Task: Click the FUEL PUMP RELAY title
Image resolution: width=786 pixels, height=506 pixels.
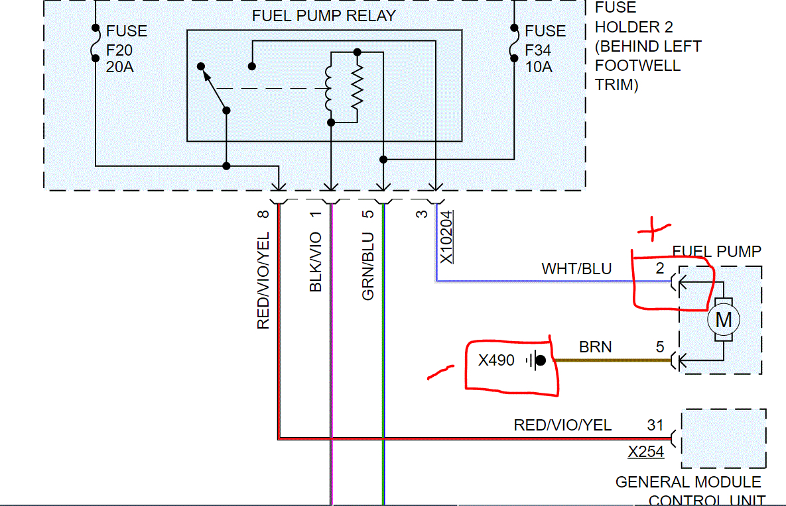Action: pyautogui.click(x=324, y=16)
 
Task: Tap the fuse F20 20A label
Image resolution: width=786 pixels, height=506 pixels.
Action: pyautogui.click(x=127, y=49)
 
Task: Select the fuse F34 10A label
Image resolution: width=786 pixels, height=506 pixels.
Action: pyautogui.click(x=545, y=49)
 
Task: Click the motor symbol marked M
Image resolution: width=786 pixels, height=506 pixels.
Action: pyautogui.click(x=723, y=321)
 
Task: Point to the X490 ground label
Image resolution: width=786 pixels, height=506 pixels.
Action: pyautogui.click(x=496, y=361)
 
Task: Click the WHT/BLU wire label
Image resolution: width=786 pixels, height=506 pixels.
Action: pyautogui.click(x=576, y=269)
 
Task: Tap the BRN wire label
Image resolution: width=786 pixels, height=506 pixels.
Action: pyautogui.click(x=595, y=347)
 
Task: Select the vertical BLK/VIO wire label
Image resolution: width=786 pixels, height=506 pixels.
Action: pyautogui.click(x=316, y=262)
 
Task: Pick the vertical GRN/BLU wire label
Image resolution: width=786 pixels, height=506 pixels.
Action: pyautogui.click(x=368, y=266)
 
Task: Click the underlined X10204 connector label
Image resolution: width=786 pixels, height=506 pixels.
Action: pyautogui.click(x=447, y=236)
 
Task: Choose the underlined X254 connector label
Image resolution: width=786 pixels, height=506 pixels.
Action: pyautogui.click(x=646, y=452)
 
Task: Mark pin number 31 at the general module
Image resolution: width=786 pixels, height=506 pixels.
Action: pyautogui.click(x=655, y=425)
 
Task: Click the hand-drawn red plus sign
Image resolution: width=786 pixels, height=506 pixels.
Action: pyautogui.click(x=653, y=229)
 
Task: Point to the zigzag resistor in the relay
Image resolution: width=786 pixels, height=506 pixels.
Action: pyautogui.click(x=358, y=87)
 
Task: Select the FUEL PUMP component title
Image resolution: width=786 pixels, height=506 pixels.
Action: pyautogui.click(x=716, y=252)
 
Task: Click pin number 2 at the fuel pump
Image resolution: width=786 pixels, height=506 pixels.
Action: pyautogui.click(x=659, y=269)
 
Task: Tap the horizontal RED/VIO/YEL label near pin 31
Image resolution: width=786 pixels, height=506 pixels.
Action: pyautogui.click(x=562, y=425)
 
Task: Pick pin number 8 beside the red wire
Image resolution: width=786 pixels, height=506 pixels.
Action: pyautogui.click(x=263, y=215)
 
